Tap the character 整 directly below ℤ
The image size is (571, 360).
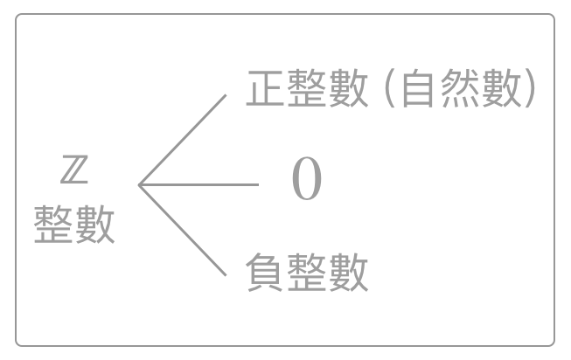click(53, 225)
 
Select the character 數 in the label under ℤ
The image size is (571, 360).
click(94, 225)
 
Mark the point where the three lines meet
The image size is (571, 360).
click(139, 184)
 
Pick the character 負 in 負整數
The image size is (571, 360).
click(266, 272)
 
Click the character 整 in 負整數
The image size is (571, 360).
click(307, 272)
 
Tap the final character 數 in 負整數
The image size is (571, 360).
click(348, 272)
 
